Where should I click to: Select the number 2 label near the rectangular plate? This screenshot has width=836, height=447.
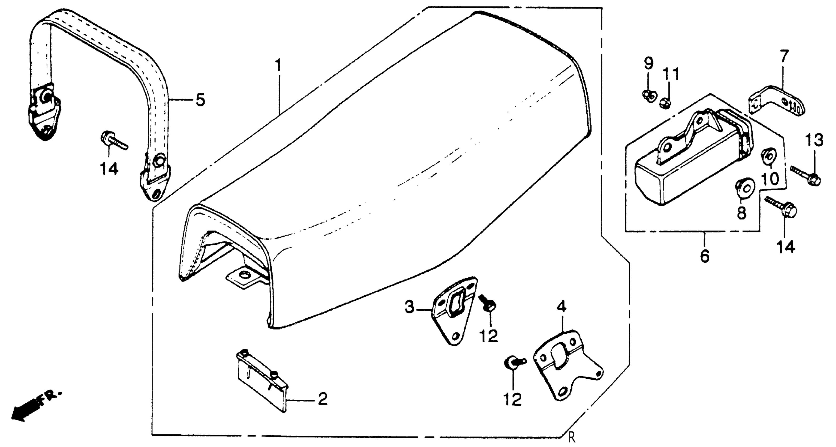pyautogui.click(x=322, y=399)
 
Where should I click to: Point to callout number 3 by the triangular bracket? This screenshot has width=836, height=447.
pyautogui.click(x=409, y=307)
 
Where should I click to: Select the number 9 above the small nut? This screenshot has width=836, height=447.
pyautogui.click(x=648, y=63)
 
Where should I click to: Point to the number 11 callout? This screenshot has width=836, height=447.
pyautogui.click(x=670, y=75)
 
